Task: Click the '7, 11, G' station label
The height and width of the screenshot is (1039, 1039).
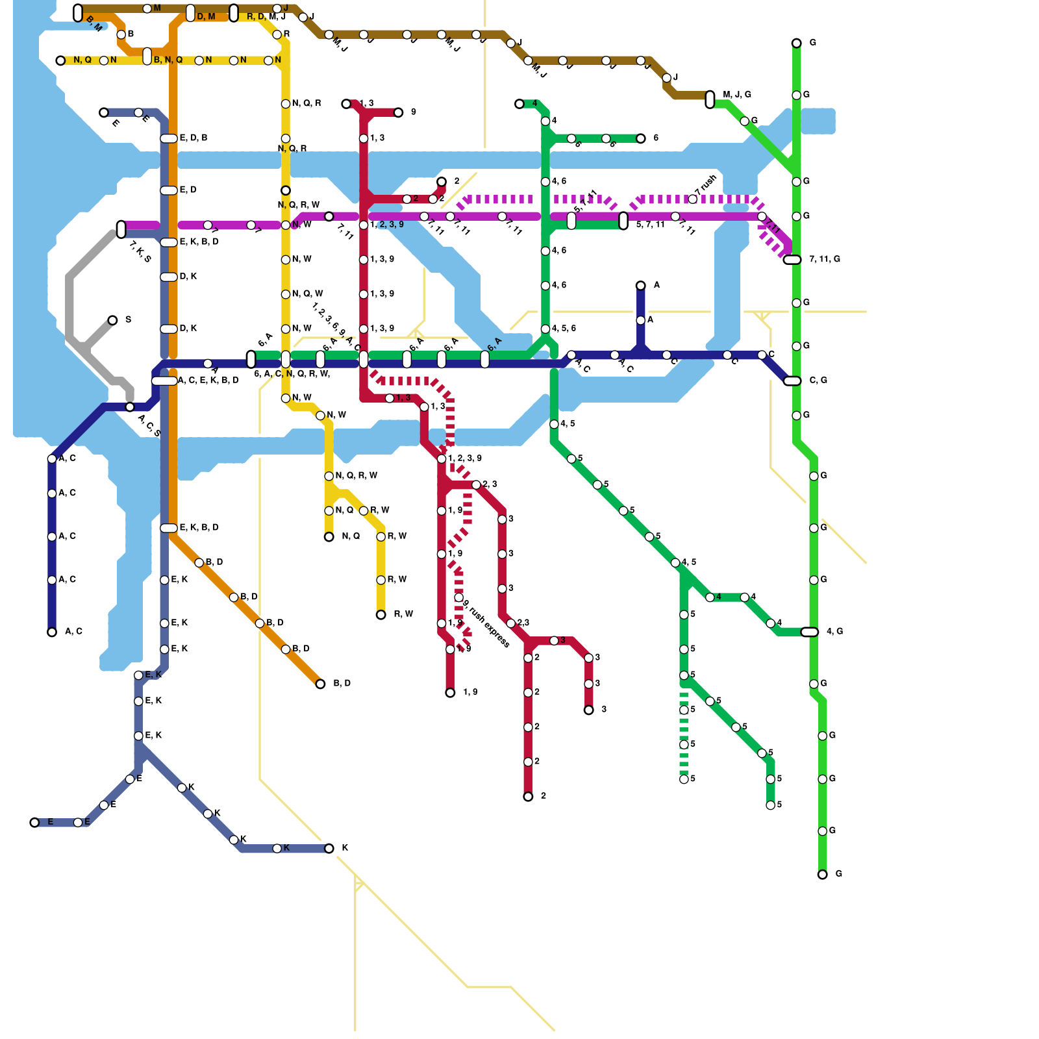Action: pyautogui.click(x=825, y=259)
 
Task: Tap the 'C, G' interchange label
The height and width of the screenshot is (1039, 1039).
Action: pyautogui.click(x=818, y=380)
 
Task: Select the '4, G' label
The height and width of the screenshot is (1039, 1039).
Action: pyautogui.click(x=834, y=631)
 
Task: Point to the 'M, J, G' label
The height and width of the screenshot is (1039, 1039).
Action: pyautogui.click(x=737, y=95)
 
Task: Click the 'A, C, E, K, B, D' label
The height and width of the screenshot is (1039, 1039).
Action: pyautogui.click(x=208, y=381)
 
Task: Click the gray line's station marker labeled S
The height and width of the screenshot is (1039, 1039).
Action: pyautogui.click(x=112, y=320)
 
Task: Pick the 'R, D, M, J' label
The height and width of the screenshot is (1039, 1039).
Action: pyautogui.click(x=266, y=16)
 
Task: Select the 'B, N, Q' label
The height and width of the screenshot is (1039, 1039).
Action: pyautogui.click(x=168, y=60)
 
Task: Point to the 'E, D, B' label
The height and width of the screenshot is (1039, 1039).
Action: pyautogui.click(x=194, y=138)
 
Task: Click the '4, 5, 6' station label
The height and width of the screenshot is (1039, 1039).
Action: pyautogui.click(x=564, y=329)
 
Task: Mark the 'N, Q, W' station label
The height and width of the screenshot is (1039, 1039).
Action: pyautogui.click(x=307, y=294)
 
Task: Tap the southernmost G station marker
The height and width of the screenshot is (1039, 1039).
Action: pyautogui.click(x=822, y=875)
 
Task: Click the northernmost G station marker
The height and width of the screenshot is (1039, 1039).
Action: pyautogui.click(x=796, y=43)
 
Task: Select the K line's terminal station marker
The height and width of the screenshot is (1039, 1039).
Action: pyautogui.click(x=329, y=849)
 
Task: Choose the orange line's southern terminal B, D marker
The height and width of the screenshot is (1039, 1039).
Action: pyautogui.click(x=320, y=684)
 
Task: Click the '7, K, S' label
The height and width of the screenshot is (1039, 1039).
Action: pyautogui.click(x=140, y=251)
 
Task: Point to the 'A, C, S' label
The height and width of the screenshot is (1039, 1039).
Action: pyautogui.click(x=149, y=425)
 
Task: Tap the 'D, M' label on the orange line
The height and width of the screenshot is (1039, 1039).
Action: pyautogui.click(x=206, y=17)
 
